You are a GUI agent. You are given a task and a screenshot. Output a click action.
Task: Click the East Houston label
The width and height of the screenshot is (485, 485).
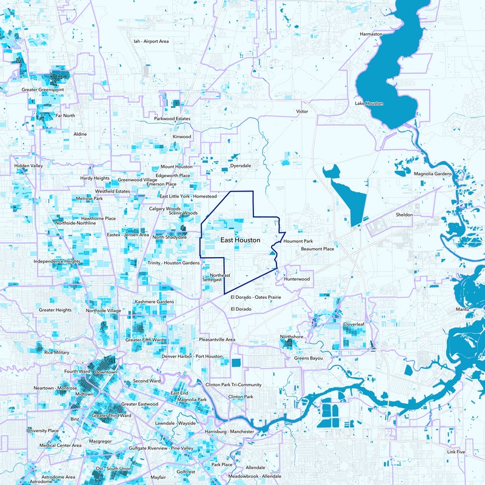click(x=240, y=241)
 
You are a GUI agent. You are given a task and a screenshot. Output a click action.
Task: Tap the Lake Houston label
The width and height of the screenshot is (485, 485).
click(x=369, y=104)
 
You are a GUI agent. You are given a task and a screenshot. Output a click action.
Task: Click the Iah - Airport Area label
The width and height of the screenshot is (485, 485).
click(x=150, y=41)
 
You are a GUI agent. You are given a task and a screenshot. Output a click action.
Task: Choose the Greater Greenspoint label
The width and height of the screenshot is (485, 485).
click(x=43, y=90)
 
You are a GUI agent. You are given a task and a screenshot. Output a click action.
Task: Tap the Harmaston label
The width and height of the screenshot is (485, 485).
click(x=371, y=34)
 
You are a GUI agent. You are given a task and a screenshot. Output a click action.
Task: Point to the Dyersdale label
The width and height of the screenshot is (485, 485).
click(x=240, y=166)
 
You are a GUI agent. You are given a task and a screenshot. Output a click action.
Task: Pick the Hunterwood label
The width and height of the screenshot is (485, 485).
click(x=297, y=279)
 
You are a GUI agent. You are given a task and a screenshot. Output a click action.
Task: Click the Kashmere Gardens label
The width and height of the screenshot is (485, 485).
click(x=154, y=301)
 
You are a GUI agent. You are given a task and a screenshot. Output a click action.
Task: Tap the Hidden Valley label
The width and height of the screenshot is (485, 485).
click(x=28, y=166)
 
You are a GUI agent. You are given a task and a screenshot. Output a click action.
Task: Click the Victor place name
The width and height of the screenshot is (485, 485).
click(x=302, y=112)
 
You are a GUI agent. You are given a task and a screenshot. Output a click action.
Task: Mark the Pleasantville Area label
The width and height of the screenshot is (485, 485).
click(x=217, y=339)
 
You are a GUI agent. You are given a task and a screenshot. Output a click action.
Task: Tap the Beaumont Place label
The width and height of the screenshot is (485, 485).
click(x=317, y=249)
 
